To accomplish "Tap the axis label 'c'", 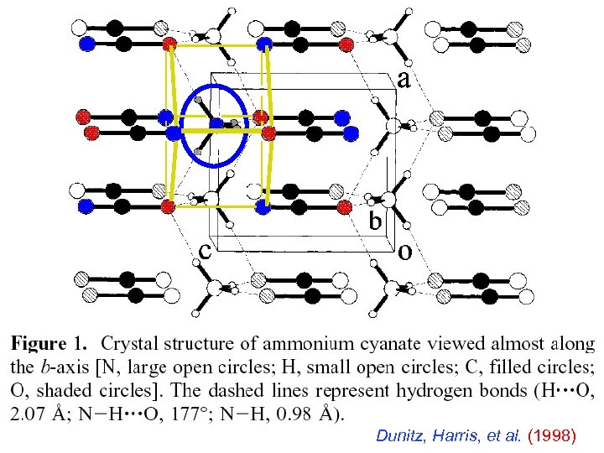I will coord(204,250).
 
